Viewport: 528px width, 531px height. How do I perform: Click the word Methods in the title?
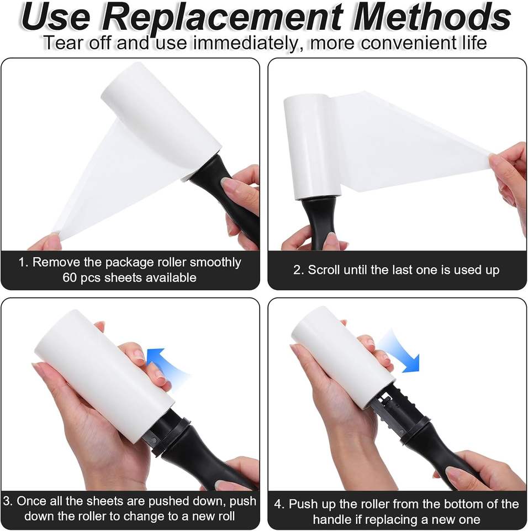(432, 17)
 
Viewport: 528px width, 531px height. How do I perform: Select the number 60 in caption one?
(70, 278)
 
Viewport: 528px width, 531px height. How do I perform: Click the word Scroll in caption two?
(324, 270)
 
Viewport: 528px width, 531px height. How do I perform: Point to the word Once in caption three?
(31, 501)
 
